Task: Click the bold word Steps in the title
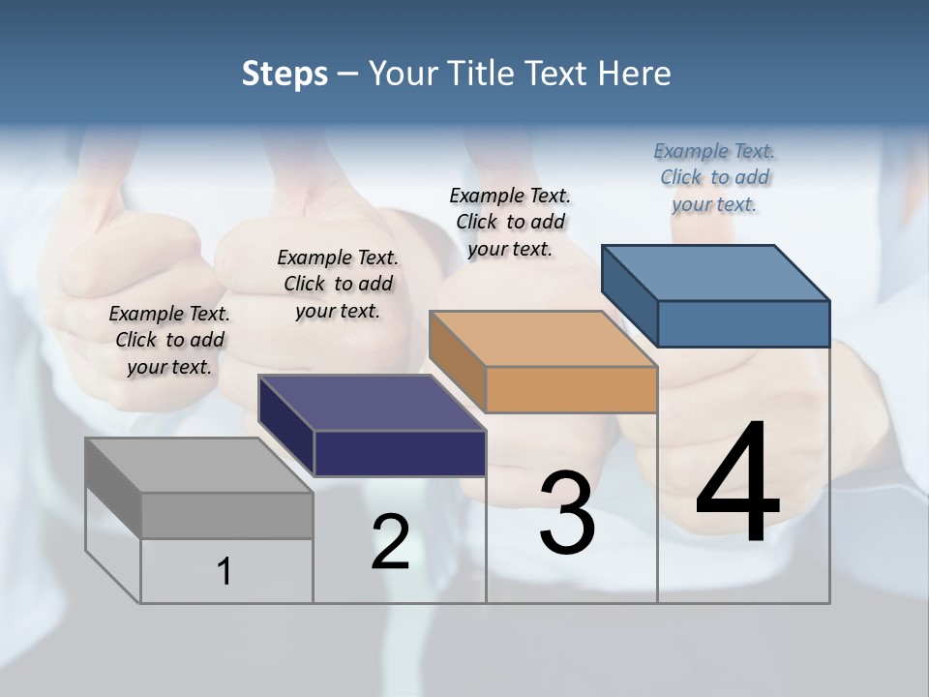[285, 74]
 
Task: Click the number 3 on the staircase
[567, 513]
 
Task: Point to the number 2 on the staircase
[390, 542]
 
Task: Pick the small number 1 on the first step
[225, 571]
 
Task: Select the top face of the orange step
[542, 339]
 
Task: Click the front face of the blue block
[743, 323]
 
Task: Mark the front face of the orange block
[571, 389]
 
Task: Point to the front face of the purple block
[400, 453]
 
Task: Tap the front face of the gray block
[226, 515]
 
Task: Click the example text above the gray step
[169, 340]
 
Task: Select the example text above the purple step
[338, 284]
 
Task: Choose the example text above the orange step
[510, 222]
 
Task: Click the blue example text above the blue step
[714, 177]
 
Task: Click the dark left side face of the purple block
[286, 426]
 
